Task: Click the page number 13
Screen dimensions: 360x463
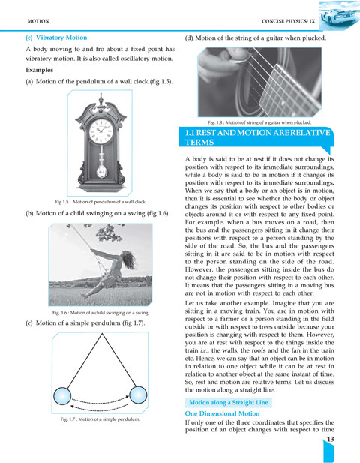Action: click(x=331, y=439)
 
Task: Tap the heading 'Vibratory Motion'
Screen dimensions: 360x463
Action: click(x=61, y=38)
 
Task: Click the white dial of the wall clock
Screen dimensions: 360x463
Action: click(x=101, y=131)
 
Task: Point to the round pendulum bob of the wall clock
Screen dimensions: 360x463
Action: click(x=101, y=172)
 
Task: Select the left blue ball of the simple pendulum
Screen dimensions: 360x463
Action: click(x=62, y=396)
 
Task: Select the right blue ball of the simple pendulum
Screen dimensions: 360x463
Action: click(x=138, y=395)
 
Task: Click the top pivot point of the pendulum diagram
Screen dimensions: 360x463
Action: click(x=102, y=334)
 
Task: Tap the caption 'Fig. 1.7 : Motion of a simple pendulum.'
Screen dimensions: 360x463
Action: click(x=100, y=419)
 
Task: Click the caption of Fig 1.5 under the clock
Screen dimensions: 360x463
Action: click(x=100, y=202)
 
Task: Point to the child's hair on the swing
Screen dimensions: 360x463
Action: click(x=129, y=259)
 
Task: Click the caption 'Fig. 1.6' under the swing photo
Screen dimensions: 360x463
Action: click(x=100, y=312)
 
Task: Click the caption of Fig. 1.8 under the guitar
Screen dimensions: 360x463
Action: click(x=259, y=122)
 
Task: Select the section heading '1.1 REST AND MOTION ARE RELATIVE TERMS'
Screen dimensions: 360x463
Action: click(x=257, y=137)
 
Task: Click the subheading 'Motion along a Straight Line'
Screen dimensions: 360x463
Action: click(x=229, y=402)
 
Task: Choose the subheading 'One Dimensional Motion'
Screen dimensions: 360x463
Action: click(x=222, y=413)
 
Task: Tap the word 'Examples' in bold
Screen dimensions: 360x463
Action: click(x=40, y=70)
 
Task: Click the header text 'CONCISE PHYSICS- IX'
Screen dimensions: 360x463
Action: click(x=288, y=21)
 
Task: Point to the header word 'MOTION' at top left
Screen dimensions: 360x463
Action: click(x=38, y=21)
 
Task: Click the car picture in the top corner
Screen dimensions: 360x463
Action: click(x=339, y=15)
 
